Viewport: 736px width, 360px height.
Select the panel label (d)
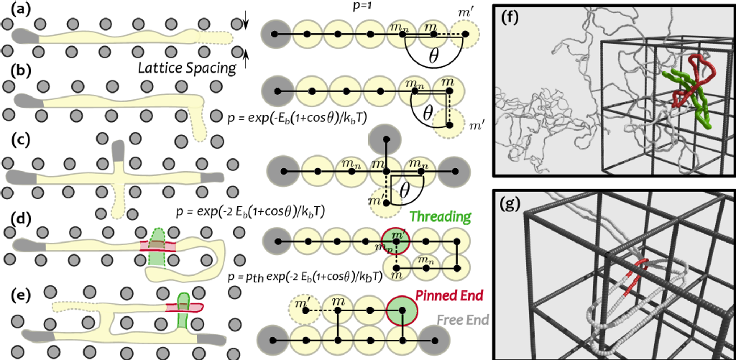pyautogui.click(x=17, y=216)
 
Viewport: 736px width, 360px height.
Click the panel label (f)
pyautogui.click(x=515, y=19)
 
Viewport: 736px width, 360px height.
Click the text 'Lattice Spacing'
pyautogui.click(x=188, y=68)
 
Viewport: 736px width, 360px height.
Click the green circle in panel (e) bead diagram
pyautogui.click(x=401, y=312)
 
